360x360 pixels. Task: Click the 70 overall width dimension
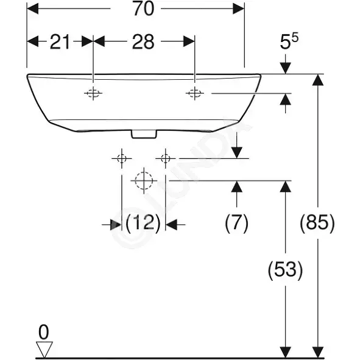coord(144,9)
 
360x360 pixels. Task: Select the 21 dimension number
coord(60,42)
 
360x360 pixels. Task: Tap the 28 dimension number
coord(143,42)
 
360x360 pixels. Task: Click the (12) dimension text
coord(143,222)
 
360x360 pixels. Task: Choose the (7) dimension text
coord(237,222)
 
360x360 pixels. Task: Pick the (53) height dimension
coord(285,270)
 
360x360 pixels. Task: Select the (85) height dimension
coord(317,222)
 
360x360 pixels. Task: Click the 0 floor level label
coord(44,332)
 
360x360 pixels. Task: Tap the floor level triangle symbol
coord(44,349)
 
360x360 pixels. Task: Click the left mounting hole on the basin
coord(93,93)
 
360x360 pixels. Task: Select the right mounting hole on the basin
coord(195,93)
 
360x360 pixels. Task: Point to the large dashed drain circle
coord(144,181)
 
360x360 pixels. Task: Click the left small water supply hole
coord(122,158)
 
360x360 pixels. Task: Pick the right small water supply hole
coord(165,158)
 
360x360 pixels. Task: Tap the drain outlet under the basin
coord(144,134)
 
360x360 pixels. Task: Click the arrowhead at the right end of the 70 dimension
coord(238,9)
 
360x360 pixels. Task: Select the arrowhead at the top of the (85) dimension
coord(318,80)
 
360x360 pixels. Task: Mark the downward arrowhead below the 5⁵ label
coord(286,68)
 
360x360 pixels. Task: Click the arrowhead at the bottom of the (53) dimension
coord(286,352)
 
